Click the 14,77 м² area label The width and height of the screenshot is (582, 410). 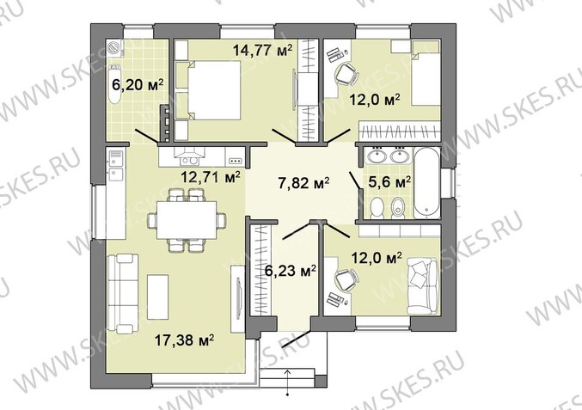pos(262,50)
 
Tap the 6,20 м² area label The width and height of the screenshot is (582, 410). pos(138,85)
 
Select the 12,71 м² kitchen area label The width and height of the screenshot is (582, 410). pos(211,177)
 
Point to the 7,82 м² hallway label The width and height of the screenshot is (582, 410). pos(304,182)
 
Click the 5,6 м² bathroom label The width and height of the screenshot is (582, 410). pos(389,182)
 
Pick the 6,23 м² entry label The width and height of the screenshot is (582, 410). pos(291,271)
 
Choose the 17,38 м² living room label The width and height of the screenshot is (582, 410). pos(184,340)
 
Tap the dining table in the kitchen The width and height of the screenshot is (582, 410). pos(187,220)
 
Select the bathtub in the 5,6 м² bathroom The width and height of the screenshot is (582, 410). pos(427,182)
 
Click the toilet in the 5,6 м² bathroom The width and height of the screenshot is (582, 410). pos(378,207)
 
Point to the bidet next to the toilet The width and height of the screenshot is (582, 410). pos(399,207)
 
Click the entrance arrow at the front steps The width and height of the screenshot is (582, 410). pos(288,382)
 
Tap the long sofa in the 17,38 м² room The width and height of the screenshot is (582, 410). pos(122,293)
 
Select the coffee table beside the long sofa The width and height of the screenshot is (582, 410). pos(157,297)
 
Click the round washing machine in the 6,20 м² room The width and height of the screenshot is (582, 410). pos(114,48)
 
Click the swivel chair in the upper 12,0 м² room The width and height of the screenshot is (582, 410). pos(347,74)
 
